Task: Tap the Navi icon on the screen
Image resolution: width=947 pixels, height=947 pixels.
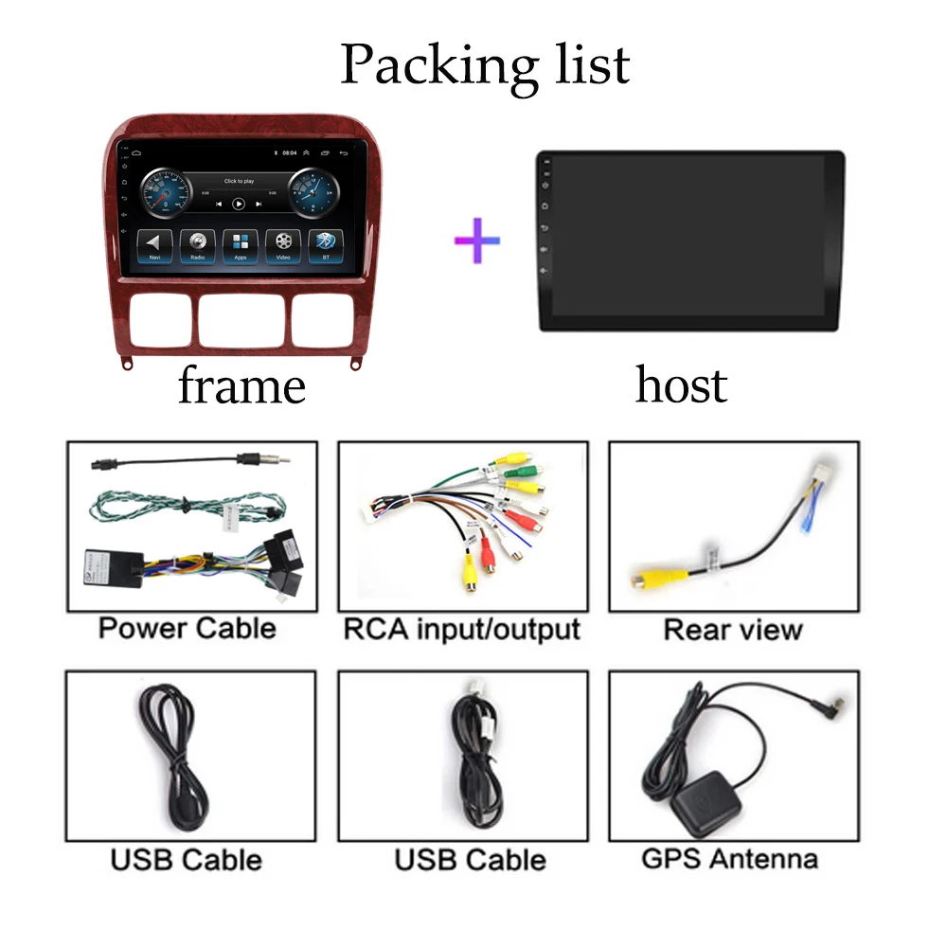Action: click(153, 243)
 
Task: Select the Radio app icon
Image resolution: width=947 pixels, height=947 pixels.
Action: click(197, 243)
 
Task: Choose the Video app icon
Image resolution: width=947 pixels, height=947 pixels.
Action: click(283, 243)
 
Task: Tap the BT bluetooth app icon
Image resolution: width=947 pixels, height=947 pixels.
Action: click(327, 243)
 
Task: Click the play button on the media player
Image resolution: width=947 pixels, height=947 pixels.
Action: click(239, 203)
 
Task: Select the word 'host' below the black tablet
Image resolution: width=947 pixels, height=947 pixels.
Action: click(681, 384)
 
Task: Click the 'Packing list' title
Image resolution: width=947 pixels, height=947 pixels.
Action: click(485, 64)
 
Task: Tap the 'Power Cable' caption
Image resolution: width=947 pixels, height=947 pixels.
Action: click(188, 628)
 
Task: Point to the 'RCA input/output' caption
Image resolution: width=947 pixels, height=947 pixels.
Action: click(461, 629)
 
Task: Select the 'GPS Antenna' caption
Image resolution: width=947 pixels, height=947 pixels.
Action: click(729, 859)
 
